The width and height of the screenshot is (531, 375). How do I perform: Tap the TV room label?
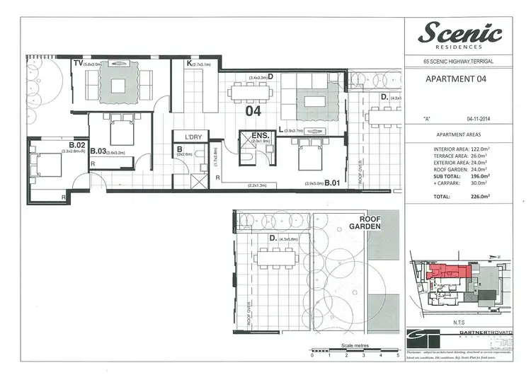click(x=77, y=64)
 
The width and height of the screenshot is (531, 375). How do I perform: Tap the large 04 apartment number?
click(x=253, y=111)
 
